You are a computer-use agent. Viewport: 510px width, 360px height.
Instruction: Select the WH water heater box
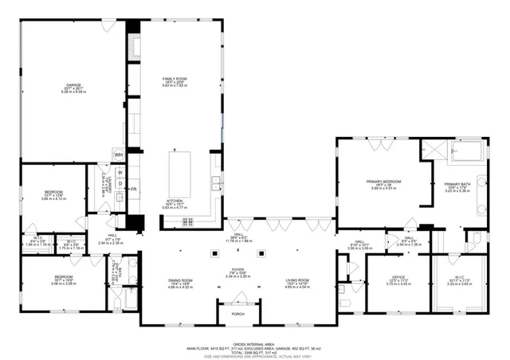tap(118, 155)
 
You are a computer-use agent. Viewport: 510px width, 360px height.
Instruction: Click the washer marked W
tap(120, 173)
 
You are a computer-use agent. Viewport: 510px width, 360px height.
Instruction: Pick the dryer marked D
tap(120, 185)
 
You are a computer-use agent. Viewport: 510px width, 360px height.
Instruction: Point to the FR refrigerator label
tap(133, 189)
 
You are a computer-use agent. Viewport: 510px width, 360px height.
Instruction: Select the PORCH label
tap(237, 313)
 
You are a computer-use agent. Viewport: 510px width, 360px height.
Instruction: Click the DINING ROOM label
tap(181, 281)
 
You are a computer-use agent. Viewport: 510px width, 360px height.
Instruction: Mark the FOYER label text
tap(237, 270)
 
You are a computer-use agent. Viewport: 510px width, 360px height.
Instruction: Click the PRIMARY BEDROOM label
tap(383, 182)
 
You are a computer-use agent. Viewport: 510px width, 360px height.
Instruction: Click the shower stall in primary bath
tap(434, 148)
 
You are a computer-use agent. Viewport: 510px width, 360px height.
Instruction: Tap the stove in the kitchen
tap(188, 221)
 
